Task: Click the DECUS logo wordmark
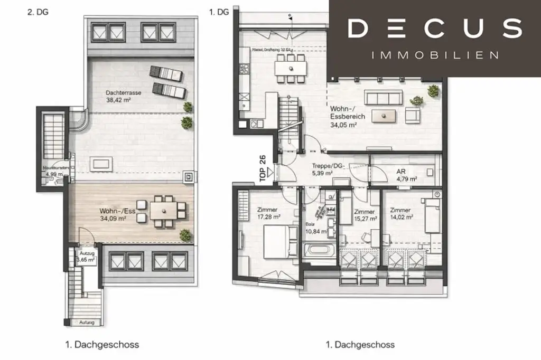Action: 434,29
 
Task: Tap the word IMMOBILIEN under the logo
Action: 434,55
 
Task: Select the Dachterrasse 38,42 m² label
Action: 123,96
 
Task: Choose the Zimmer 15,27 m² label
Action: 365,214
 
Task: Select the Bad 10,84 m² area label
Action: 316,228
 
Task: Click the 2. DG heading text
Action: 38,12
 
